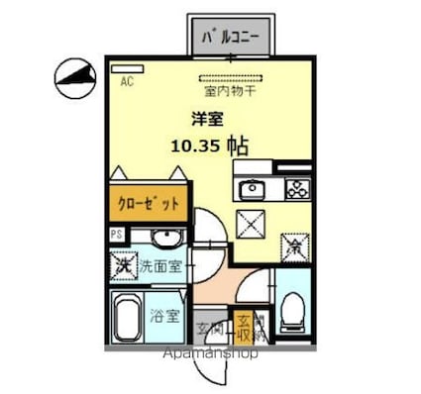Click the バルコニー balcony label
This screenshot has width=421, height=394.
point(230,39)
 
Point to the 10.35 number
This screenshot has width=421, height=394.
point(194,145)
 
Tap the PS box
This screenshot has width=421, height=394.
point(117,236)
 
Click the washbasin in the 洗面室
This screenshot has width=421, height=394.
point(164,239)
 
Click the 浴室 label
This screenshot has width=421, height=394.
point(166,317)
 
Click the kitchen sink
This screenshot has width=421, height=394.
point(253,188)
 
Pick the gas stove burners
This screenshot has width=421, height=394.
point(295,188)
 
